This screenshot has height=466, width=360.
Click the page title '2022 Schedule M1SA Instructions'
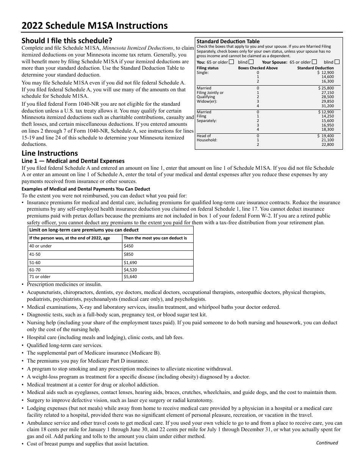[94, 25]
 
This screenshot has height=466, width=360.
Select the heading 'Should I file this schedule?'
[67, 41]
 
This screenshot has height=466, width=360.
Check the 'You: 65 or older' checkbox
[232, 62]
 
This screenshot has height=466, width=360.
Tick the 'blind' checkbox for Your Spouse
[337, 62]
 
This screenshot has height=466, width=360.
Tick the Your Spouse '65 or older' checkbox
[314, 62]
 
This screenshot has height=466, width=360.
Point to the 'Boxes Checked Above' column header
[258, 68]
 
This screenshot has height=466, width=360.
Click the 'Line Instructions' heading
[50, 153]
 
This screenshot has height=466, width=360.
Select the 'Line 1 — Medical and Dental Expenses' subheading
[73, 161]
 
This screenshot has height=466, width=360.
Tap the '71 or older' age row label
[40, 277]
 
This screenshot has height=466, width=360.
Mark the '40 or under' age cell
[41, 246]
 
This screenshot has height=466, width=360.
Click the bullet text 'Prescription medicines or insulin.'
[64, 284]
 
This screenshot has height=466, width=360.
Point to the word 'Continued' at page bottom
[327, 443]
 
